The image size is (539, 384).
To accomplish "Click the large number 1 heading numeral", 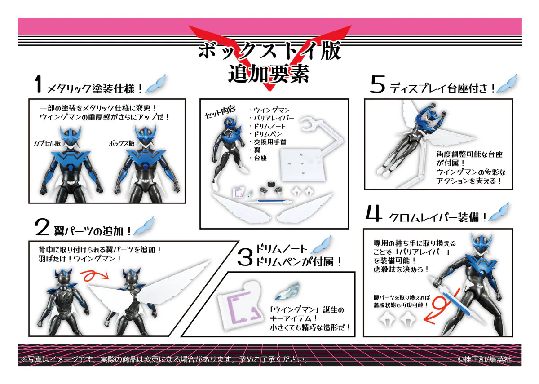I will [x=39, y=85].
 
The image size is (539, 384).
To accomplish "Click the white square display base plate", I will [x=298, y=171].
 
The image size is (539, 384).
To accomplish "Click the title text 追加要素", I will [x=269, y=73].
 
